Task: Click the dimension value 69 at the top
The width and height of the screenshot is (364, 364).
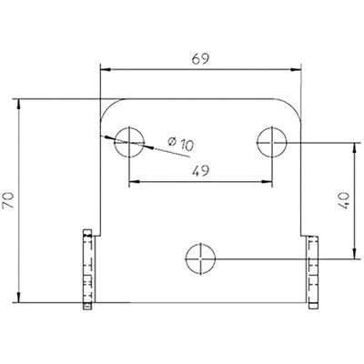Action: [200, 57]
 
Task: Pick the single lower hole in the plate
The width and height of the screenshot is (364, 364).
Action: [199, 259]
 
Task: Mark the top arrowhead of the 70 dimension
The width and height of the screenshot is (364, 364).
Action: [18, 102]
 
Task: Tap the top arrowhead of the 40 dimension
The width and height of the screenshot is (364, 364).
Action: [353, 145]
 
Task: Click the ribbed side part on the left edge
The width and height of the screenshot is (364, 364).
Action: [89, 270]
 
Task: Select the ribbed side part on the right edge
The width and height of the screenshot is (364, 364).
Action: [313, 270]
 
